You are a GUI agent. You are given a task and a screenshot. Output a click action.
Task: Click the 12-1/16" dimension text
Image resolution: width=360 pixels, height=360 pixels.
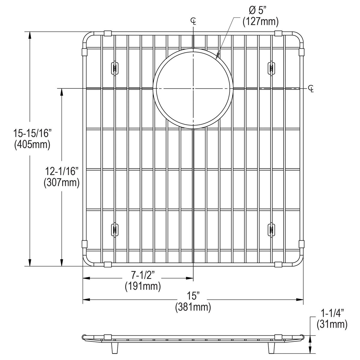click(x=62, y=171)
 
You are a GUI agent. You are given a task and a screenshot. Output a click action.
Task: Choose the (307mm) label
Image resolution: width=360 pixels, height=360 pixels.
click(x=61, y=182)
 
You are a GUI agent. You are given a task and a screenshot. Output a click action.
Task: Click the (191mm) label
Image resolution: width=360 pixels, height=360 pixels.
click(x=143, y=286)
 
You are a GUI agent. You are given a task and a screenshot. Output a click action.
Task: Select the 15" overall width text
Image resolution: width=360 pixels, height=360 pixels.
click(x=193, y=296)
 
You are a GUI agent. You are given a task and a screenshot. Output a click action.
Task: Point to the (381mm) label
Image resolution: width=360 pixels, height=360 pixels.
click(x=193, y=307)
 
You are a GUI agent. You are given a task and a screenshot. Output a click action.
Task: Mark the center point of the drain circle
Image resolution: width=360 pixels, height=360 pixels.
click(x=193, y=88)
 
